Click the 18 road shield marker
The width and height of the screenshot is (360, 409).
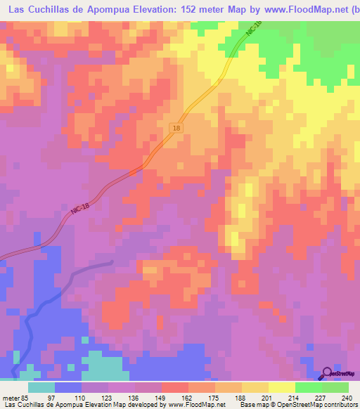pyautogui.click(x=176, y=127)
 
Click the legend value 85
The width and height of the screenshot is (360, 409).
pyautogui.click(x=26, y=397)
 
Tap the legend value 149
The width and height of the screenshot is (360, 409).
pyautogui.click(x=160, y=397)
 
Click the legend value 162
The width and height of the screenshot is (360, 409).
pyautogui.click(x=187, y=397)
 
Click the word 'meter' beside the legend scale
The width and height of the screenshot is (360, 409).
pyautogui.click(x=11, y=397)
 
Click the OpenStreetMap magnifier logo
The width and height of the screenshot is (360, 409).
pyautogui.click(x=328, y=373)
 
